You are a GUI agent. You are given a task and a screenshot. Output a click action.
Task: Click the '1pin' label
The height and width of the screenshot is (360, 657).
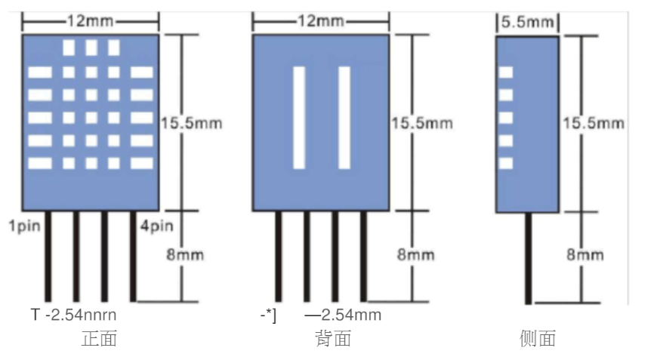click(20, 226)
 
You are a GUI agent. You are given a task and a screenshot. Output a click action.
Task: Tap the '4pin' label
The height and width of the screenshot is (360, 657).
click(157, 226)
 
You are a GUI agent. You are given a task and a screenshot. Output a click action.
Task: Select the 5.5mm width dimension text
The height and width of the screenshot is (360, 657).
click(527, 23)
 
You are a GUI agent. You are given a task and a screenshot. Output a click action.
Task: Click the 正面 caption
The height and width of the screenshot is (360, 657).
click(99, 339)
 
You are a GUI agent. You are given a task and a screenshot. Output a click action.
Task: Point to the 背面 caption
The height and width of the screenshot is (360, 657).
click(333, 339)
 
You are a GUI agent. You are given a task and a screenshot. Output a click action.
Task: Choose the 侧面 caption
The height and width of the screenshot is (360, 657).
click(538, 339)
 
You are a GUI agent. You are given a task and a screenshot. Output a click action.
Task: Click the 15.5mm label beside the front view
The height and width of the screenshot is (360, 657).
click(192, 123)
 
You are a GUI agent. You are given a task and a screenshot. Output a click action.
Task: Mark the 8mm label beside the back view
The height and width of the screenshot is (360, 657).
click(416, 255)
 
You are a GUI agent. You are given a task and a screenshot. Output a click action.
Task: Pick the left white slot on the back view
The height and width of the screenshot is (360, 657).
click(299, 117)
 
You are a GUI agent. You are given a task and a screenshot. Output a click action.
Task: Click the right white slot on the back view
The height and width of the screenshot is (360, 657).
click(344, 117)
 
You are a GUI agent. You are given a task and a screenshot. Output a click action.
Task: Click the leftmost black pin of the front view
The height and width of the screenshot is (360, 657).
click(48, 257)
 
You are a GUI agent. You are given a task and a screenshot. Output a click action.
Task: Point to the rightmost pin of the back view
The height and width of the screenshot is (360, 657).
click(364, 257)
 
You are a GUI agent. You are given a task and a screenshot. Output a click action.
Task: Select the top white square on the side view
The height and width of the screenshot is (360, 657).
click(506, 72)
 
